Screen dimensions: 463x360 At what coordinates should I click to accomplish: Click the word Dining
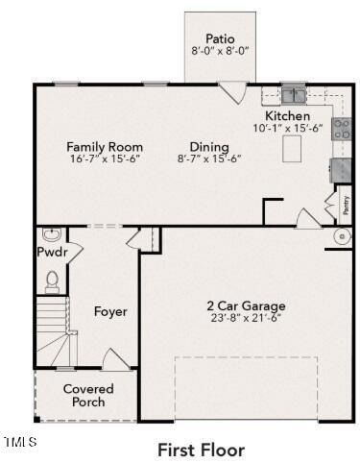click(x=208, y=147)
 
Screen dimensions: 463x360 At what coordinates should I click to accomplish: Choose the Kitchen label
click(x=287, y=116)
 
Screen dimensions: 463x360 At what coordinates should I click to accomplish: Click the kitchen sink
click(x=293, y=94)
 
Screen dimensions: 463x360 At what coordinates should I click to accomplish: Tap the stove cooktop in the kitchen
click(x=341, y=129)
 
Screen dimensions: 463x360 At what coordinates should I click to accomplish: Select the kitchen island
click(x=293, y=150)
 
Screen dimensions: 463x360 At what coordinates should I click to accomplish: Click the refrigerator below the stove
click(x=341, y=170)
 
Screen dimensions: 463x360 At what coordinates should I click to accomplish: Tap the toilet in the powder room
click(x=52, y=280)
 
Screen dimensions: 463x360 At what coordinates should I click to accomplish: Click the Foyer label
click(x=110, y=311)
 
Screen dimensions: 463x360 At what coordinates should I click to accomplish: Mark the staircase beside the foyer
click(x=55, y=331)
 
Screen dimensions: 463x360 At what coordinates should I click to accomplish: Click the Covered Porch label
click(x=88, y=396)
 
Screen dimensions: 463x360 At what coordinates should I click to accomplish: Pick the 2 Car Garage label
click(x=247, y=306)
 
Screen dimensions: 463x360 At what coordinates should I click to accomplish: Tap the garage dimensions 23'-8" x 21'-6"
click(x=247, y=318)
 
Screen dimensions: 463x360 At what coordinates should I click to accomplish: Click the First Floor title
click(x=201, y=449)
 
